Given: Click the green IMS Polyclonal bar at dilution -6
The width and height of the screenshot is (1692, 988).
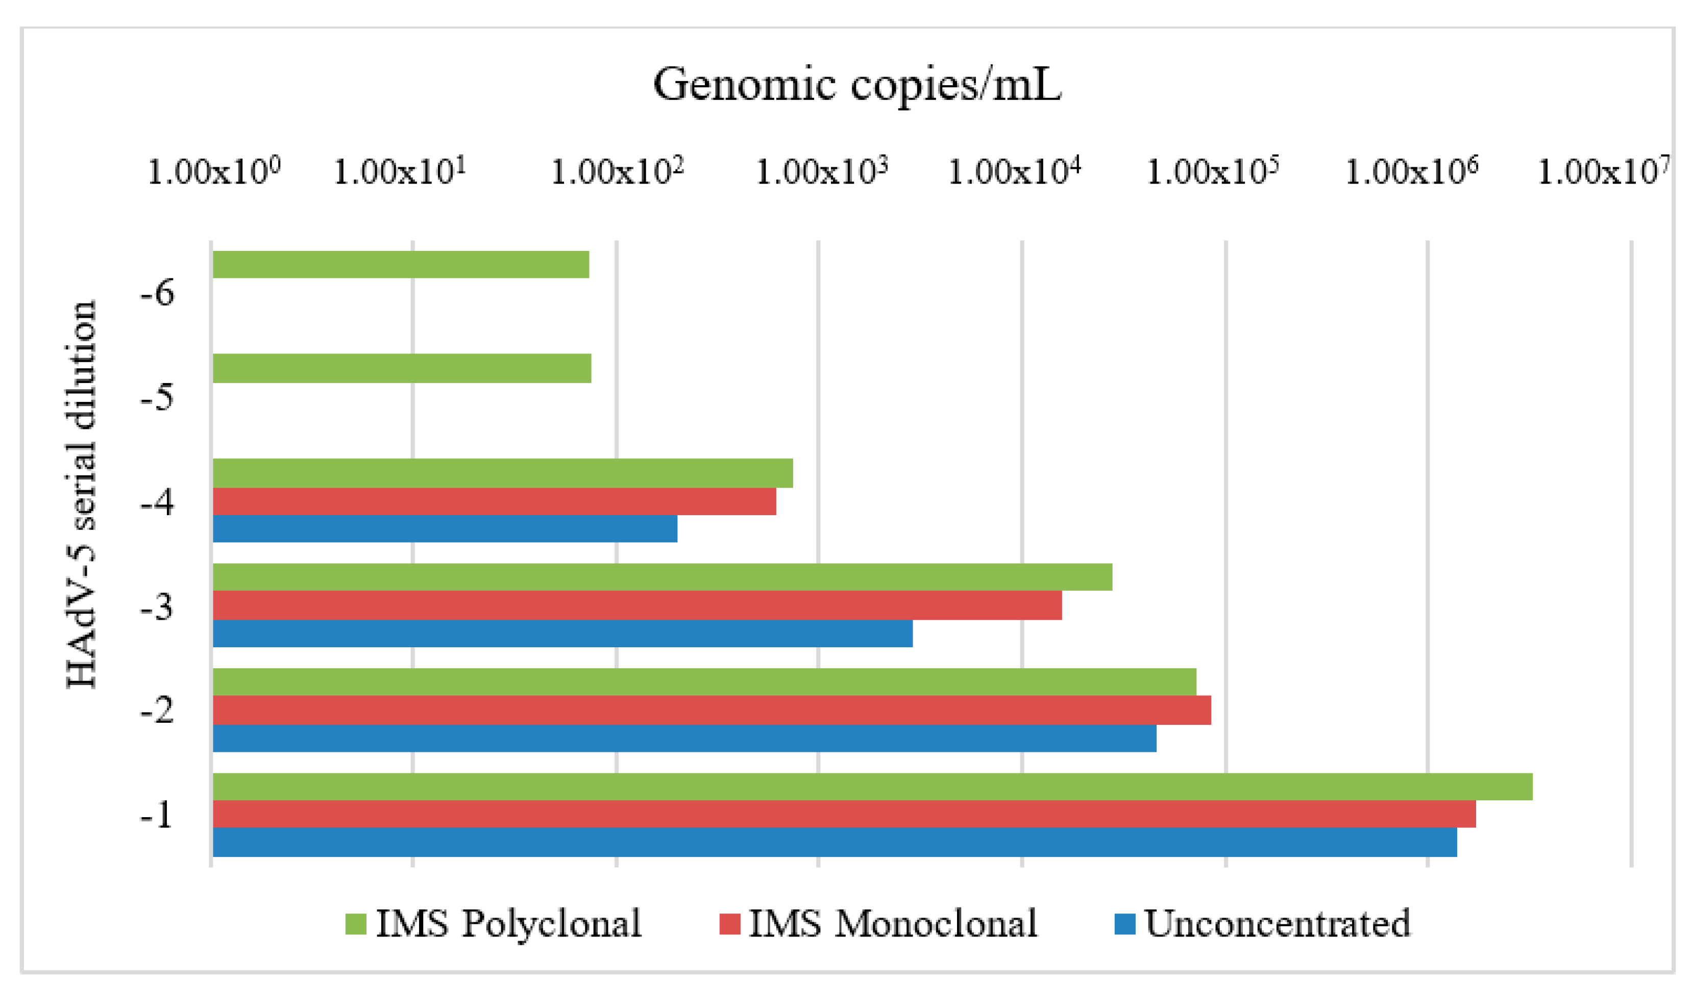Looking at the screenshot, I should pyautogui.click(x=400, y=264).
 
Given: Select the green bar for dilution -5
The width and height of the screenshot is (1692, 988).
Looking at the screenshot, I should pyautogui.click(x=402, y=368).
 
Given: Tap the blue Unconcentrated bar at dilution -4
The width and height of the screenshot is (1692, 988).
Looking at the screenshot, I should pyautogui.click(x=445, y=529).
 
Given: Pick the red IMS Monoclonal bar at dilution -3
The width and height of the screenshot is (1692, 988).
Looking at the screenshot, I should pyautogui.click(x=636, y=605).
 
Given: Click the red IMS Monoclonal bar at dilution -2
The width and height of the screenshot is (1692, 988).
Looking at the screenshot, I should pyautogui.click(x=712, y=710).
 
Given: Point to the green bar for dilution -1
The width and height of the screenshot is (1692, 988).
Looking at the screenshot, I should pyautogui.click(x=873, y=787).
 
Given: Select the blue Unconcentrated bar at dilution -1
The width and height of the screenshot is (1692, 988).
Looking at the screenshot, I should pyautogui.click(x=835, y=842).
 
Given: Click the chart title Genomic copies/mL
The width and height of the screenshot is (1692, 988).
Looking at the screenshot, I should pyautogui.click(x=857, y=85).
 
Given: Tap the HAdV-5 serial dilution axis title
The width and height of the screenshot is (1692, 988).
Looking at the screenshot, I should pyautogui.click(x=82, y=495).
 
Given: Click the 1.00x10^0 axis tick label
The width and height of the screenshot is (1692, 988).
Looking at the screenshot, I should pyautogui.click(x=213, y=172).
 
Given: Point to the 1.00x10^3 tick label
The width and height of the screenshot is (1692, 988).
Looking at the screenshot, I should pyautogui.click(x=822, y=172).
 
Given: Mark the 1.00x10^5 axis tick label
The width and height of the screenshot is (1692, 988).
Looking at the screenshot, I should pyautogui.click(x=1212, y=172).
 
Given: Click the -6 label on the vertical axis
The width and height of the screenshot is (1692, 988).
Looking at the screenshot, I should pyautogui.click(x=157, y=293).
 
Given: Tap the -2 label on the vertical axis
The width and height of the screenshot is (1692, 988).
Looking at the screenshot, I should pyautogui.click(x=157, y=710).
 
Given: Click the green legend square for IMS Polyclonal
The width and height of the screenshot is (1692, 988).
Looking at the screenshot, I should pyautogui.click(x=356, y=924).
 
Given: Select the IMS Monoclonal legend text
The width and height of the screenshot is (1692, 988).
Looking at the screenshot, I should pyautogui.click(x=893, y=924).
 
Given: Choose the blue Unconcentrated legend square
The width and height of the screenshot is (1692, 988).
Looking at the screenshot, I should pyautogui.click(x=1124, y=924).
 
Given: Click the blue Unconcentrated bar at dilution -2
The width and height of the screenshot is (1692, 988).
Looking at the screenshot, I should pyautogui.click(x=684, y=738).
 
